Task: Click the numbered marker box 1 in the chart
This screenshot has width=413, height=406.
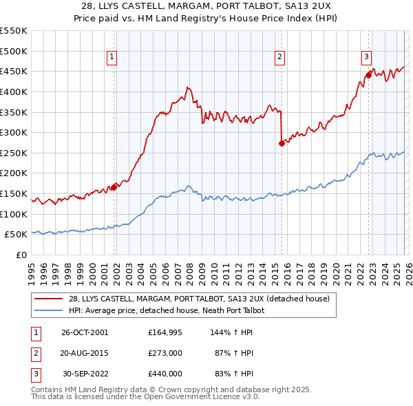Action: (x=112, y=58)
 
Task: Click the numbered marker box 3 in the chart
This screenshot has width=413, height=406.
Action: (x=367, y=58)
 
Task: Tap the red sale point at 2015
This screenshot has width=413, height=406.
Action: (x=282, y=143)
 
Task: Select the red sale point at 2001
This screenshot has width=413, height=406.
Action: (x=114, y=187)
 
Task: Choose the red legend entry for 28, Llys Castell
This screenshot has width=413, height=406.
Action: (x=199, y=299)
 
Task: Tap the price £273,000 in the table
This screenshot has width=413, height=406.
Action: (x=165, y=352)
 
